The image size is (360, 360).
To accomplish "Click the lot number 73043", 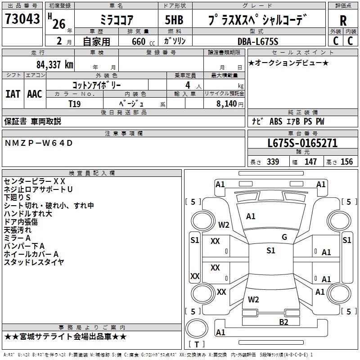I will coord(22,19).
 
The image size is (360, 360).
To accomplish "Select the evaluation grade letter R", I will coord(343,21).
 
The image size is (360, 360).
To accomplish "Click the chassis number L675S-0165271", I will coord(302,144).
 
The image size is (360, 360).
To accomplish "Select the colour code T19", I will coord(75,103).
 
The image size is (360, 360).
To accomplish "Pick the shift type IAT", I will coord(13,94).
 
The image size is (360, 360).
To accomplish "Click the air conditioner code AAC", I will coord(35,94).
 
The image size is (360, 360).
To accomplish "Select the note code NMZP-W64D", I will coord(38,143).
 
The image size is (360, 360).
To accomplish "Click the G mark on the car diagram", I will coord(284,237).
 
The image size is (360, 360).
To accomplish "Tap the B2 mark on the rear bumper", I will coord(283,321).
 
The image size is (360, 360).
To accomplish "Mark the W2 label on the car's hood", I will coord(224,225).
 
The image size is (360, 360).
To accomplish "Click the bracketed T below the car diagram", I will coord(197,345).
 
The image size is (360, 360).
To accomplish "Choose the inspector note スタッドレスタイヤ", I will coord(34,262).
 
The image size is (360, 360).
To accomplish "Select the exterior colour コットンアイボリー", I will coord(96,85).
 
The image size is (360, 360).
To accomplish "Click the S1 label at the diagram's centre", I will coord(270,251).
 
